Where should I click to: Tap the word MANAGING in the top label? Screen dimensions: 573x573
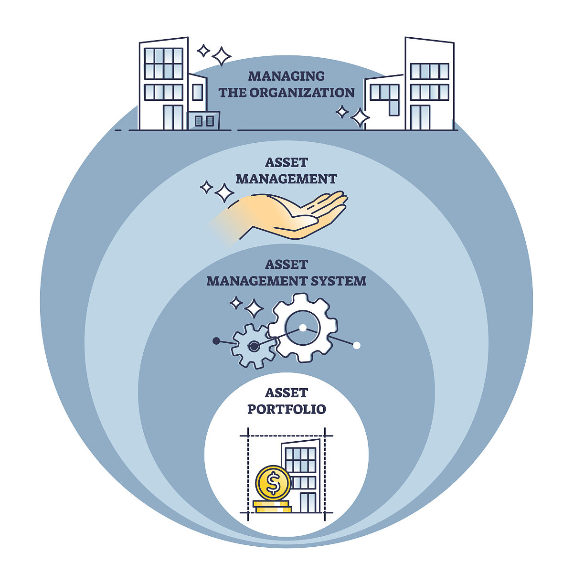point(286,76)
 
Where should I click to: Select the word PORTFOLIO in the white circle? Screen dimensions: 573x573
point(286,409)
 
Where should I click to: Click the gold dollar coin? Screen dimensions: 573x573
point(273,483)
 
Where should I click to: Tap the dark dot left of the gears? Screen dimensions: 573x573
point(216,341)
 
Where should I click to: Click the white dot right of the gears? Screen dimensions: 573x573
point(356,345)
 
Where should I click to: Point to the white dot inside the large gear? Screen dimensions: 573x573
point(302,328)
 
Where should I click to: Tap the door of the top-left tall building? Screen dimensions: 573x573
point(173,117)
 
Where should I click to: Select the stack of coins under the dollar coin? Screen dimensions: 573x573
point(273,507)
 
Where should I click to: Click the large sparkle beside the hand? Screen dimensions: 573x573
point(224,193)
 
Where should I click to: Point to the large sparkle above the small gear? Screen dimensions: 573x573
point(254,308)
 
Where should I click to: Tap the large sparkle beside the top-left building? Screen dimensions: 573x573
point(222,56)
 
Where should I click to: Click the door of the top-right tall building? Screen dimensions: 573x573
point(420,117)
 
